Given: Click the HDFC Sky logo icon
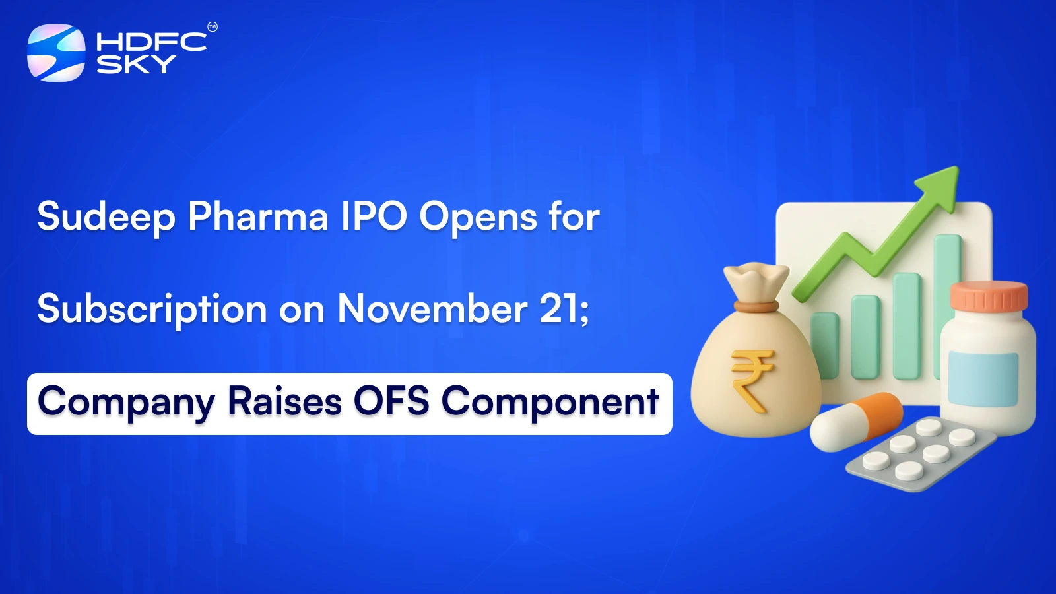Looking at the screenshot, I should [x=56, y=53].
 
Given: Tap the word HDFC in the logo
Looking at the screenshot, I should [x=151, y=42].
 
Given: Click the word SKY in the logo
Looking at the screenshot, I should [x=136, y=64].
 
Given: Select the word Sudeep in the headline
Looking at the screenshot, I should [x=106, y=216].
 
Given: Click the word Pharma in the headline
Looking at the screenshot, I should [x=258, y=216].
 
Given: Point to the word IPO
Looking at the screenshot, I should [x=374, y=216].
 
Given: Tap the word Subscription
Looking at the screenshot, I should [x=152, y=309].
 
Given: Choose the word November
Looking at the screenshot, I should [x=432, y=308].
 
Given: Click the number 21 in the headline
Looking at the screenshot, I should [x=560, y=308].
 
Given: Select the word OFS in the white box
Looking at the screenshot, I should [x=391, y=401].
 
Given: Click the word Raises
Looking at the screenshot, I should [x=284, y=401].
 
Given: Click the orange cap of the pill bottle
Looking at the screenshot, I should [x=989, y=296].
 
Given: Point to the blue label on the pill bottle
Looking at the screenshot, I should [x=983, y=378].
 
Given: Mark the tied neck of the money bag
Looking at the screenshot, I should [x=756, y=306].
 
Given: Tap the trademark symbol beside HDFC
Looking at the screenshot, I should [x=212, y=27].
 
